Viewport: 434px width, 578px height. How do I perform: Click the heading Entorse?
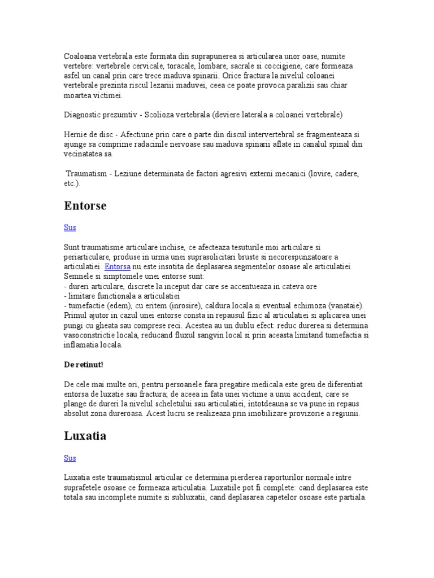(85, 206)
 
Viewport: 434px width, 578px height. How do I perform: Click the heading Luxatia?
(85, 436)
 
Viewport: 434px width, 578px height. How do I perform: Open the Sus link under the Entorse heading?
(70, 227)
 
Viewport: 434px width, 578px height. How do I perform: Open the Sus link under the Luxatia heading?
(70, 458)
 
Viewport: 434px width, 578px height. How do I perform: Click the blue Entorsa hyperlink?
(118, 266)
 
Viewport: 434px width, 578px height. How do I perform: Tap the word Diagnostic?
(83, 115)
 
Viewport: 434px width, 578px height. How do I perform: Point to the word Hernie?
(76, 134)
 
